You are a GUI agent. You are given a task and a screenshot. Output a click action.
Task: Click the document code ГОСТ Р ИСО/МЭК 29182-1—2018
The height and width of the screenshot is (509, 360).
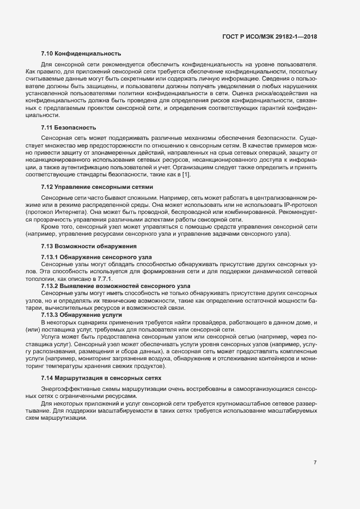click(x=270, y=36)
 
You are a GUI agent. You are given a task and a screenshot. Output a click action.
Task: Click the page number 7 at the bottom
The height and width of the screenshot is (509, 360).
click(x=315, y=462)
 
